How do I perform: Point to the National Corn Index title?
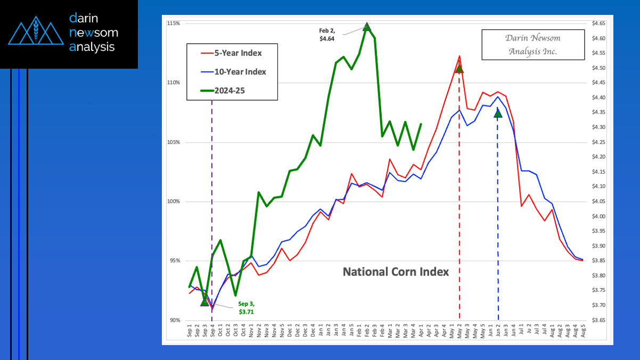coord(396,272)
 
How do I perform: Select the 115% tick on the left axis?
coord(173,23)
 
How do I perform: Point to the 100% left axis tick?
coord(173,202)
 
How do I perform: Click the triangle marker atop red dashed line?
coord(459,69)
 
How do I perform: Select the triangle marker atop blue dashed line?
coord(498,113)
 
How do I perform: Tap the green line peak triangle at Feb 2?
coord(367,27)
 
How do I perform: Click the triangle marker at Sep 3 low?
coord(204,302)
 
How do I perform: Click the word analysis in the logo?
coord(92,47)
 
